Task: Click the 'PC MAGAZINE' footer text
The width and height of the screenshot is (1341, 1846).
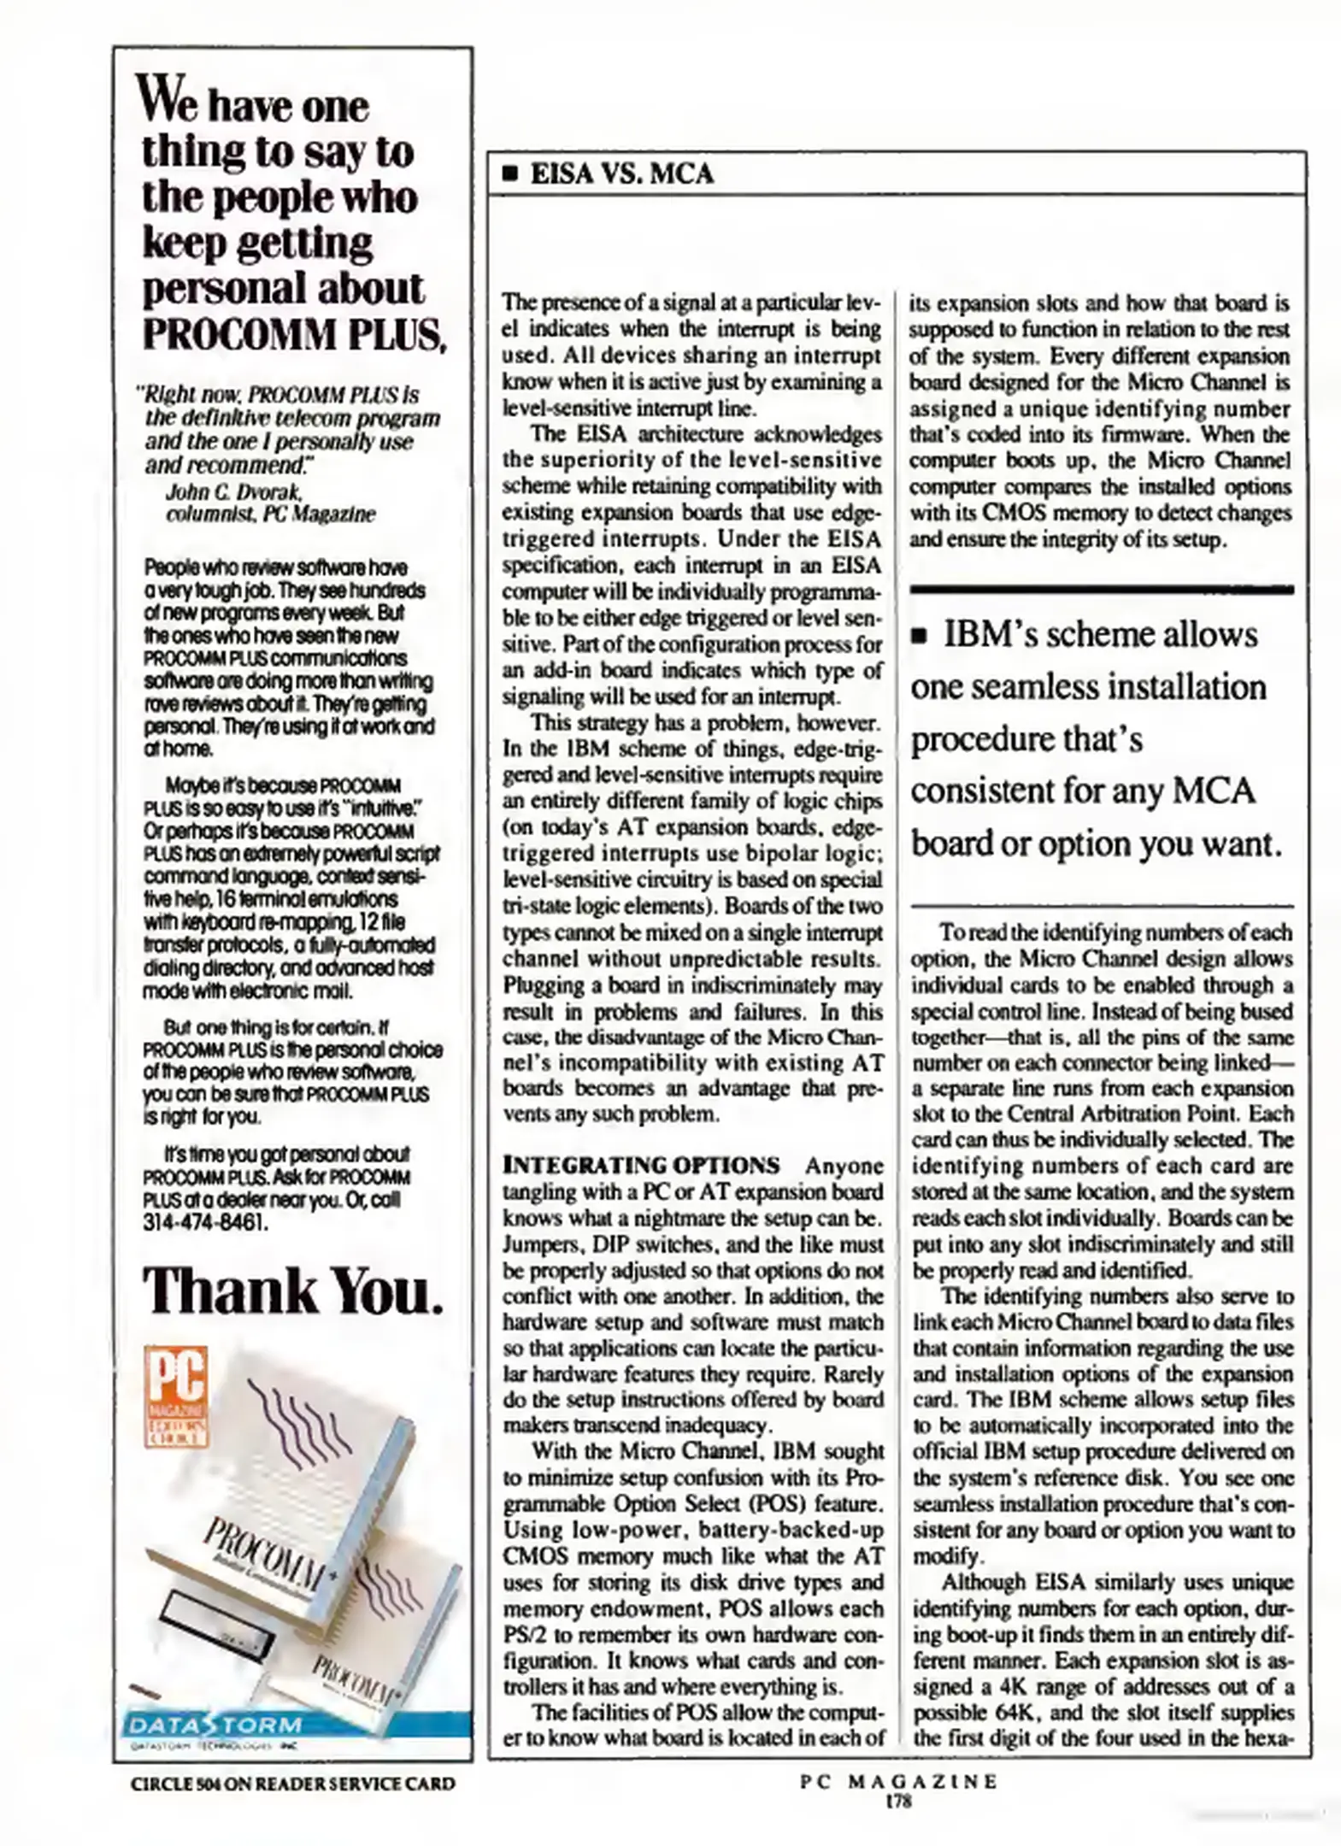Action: coord(898,1781)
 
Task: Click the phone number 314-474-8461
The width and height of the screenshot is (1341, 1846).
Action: coord(205,1223)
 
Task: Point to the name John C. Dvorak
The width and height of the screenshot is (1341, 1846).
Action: coord(233,492)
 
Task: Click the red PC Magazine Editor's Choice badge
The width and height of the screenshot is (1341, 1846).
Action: coord(177,1396)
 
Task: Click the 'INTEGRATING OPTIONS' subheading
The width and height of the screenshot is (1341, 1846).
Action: coord(641,1166)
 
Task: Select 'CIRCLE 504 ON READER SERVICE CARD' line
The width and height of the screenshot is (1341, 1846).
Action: coord(292,1784)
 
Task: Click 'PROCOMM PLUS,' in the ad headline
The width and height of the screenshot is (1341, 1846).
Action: coord(295,333)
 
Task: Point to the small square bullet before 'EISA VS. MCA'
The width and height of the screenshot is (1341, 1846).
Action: coord(510,174)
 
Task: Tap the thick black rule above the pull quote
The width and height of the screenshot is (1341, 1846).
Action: coord(1102,590)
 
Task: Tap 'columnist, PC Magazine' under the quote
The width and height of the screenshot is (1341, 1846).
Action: coord(270,514)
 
